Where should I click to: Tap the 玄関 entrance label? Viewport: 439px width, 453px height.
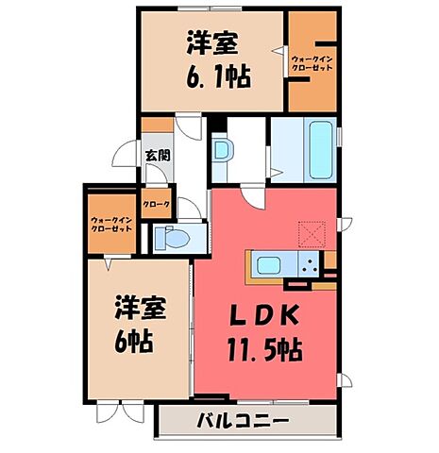157,155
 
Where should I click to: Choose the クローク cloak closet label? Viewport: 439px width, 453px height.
157,202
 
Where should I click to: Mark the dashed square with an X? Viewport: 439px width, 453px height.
312,230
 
